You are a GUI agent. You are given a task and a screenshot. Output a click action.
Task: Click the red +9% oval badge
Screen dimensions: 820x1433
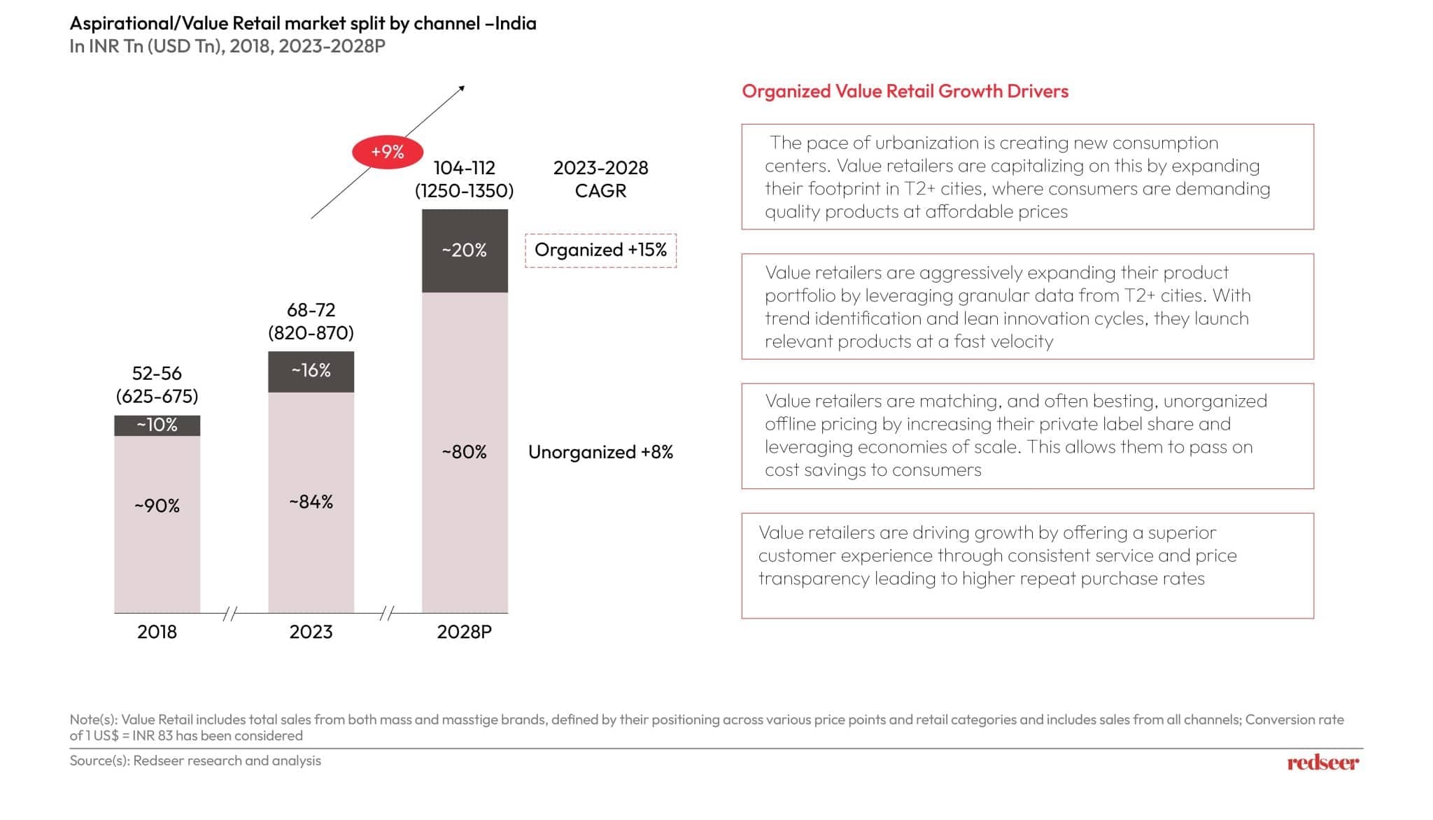[x=387, y=152]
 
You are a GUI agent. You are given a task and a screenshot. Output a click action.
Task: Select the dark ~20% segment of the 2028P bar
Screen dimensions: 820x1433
[x=465, y=250]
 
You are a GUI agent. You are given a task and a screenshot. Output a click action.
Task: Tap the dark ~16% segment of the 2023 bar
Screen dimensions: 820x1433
[x=311, y=371]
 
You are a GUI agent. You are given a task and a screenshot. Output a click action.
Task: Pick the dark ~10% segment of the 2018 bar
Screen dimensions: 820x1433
[x=157, y=425]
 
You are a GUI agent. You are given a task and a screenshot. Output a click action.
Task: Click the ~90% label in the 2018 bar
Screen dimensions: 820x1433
[x=157, y=506]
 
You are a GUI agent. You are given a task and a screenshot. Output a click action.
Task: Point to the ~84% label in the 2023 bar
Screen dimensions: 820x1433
[x=311, y=502]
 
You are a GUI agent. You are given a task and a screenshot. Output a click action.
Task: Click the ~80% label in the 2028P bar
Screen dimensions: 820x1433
[x=465, y=452]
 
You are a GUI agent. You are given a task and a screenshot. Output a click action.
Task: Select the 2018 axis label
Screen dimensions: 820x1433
[x=157, y=632]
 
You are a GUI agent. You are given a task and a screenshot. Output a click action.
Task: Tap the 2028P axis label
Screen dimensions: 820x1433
[x=464, y=632]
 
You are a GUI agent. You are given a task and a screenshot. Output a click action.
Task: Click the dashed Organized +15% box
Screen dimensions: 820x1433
[x=600, y=250]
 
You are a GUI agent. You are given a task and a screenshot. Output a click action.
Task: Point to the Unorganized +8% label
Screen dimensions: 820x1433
[x=600, y=452]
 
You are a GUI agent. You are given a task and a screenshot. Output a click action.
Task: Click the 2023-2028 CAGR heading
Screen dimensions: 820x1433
[x=600, y=179]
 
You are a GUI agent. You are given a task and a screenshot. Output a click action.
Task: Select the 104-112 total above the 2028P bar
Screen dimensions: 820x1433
[x=464, y=168]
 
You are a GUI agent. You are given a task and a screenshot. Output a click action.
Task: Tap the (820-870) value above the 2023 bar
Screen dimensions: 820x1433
[x=311, y=333]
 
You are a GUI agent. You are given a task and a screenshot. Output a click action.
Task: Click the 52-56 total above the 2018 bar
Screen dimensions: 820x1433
[x=157, y=374]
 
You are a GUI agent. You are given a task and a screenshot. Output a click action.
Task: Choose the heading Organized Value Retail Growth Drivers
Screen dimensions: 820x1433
[x=905, y=92]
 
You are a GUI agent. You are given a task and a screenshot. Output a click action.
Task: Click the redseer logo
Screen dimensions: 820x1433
[x=1322, y=762]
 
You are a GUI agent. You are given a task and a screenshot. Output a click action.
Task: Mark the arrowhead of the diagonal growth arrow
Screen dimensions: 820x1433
[x=461, y=89]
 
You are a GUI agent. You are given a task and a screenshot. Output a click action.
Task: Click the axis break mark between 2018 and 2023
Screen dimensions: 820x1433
[x=230, y=614]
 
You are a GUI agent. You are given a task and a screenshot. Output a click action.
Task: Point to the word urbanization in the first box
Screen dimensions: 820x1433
[x=924, y=143]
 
